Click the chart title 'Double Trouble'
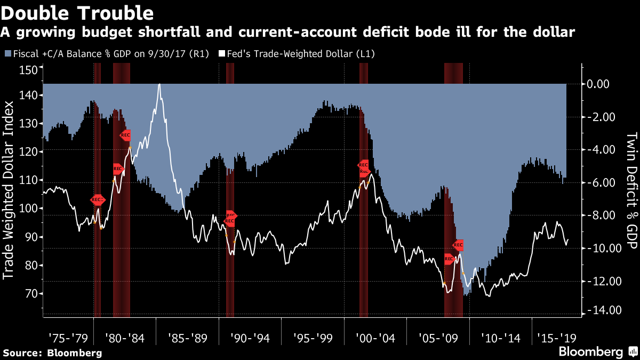[x=78, y=12]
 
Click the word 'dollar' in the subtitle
[x=555, y=33]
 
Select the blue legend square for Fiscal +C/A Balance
[x=6, y=54]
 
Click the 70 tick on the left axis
[x=30, y=294]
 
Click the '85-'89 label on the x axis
[x=187, y=338]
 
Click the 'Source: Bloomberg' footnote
[x=52, y=353]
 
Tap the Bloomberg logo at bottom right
[x=597, y=351]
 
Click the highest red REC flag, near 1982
[x=125, y=135]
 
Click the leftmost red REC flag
[x=98, y=200]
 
